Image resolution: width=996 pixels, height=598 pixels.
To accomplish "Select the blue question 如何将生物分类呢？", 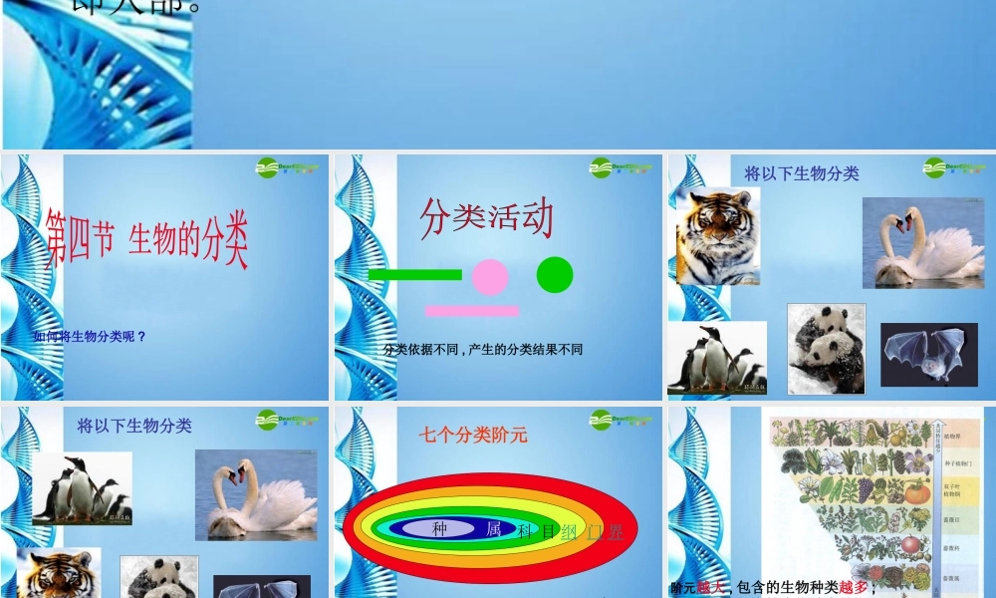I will point(90,337).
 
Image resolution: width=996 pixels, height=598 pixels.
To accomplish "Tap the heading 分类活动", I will point(486,218).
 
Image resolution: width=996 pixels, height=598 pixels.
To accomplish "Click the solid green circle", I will point(555,275).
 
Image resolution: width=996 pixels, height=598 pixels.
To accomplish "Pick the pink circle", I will point(490,277).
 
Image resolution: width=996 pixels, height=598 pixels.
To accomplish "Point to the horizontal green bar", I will point(414,274).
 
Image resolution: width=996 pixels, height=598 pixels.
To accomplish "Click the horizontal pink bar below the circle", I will point(471,311).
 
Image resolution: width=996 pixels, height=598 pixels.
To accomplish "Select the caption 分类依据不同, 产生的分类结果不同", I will point(483,350).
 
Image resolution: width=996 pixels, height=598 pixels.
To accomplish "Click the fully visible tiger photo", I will point(717,237).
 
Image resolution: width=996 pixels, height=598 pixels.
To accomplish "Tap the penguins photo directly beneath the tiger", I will point(716,358).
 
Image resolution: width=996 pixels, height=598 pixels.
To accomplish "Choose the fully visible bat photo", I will point(928,354).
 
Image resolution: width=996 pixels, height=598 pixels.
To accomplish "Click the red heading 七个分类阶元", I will point(472,435).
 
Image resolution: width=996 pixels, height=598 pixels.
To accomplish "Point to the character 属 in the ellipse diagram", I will point(493,530).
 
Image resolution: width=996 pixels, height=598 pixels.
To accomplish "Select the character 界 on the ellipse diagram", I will point(615,532).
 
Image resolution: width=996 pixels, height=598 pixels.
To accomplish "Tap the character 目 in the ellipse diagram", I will point(547,532).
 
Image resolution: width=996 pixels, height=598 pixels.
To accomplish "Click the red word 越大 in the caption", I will point(709,587).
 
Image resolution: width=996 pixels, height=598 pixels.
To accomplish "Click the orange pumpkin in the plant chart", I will point(916,491).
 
